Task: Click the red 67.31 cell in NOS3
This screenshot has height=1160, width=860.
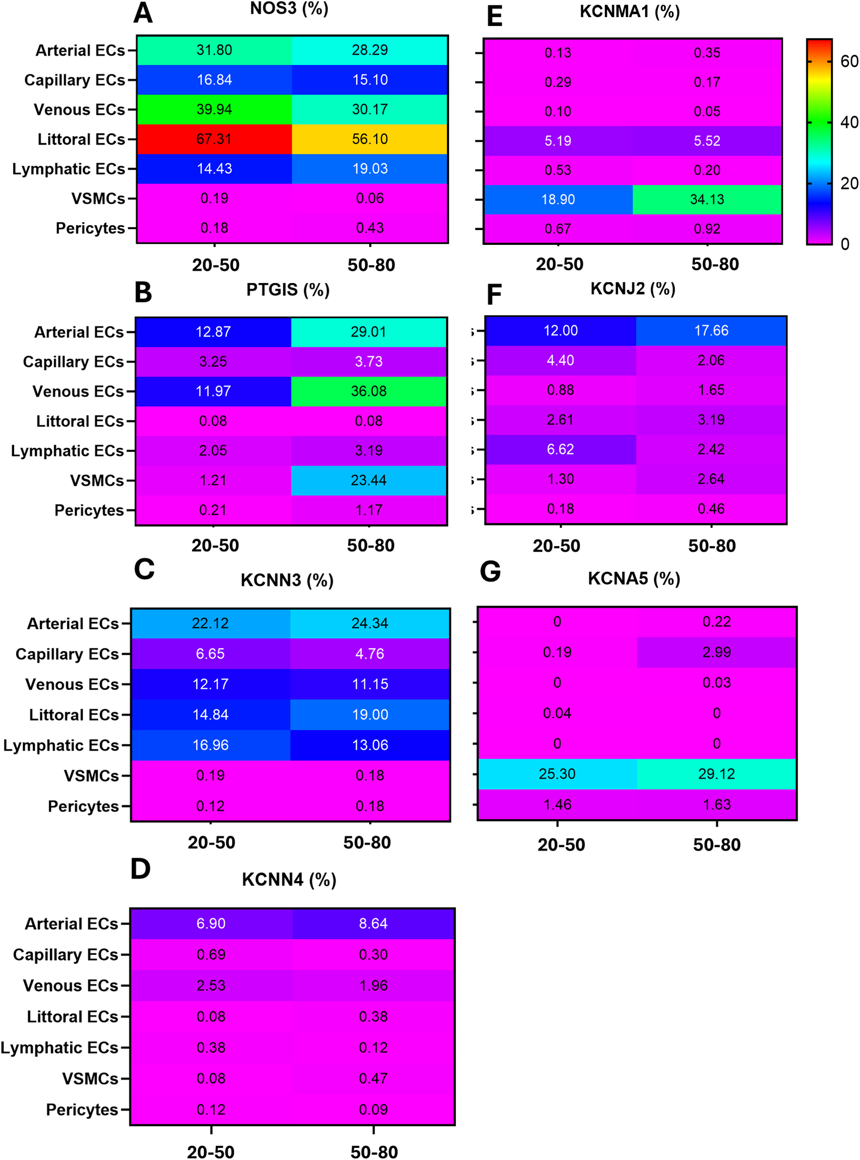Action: pos(214,139)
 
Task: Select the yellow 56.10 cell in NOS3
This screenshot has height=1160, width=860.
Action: pos(370,139)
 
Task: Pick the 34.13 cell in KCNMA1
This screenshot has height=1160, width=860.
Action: pos(707,199)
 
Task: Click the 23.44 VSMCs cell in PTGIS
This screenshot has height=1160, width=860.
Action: pos(369,480)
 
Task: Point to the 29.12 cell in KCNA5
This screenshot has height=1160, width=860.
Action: pos(716,774)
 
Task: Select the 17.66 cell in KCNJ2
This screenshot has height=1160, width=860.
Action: pos(711,330)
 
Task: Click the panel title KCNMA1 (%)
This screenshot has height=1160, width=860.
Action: pos(629,11)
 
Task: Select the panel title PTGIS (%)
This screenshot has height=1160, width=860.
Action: pos(288,290)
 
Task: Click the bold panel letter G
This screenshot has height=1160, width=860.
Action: pos(490,572)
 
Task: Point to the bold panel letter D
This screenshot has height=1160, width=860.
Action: pos(140,869)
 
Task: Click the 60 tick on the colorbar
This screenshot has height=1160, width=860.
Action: pos(849,61)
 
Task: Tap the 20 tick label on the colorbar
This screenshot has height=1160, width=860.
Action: pos(849,183)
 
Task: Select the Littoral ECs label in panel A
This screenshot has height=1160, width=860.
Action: pos(81,139)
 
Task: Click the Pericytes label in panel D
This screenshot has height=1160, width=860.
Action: pos(82,1109)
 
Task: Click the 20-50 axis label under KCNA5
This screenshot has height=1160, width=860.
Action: pos(561,844)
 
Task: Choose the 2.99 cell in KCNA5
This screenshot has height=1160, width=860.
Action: pos(716,652)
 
